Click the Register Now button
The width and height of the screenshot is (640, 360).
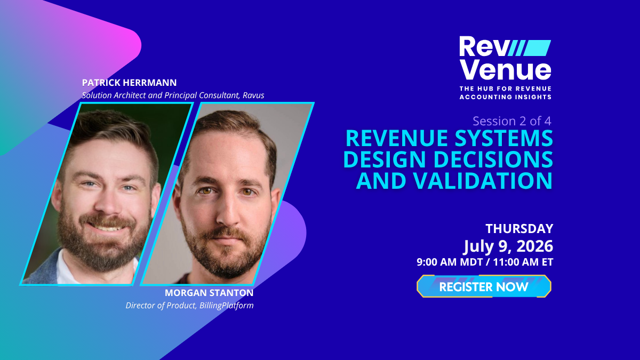click(484, 286)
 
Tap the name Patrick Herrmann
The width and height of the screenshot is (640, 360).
click(129, 83)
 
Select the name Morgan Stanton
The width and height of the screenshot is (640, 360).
click(209, 293)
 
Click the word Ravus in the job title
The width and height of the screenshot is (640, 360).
click(253, 95)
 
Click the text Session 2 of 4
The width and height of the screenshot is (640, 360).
click(512, 121)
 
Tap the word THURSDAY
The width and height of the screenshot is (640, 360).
click(519, 229)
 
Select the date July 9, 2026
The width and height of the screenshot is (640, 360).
click(508, 246)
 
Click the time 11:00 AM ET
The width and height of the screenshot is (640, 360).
click(523, 262)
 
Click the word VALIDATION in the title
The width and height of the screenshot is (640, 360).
click(482, 180)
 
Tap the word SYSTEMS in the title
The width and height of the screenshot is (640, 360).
click(503, 138)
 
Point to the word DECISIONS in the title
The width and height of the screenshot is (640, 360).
click(493, 159)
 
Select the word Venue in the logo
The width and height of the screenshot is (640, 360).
click(505, 70)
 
